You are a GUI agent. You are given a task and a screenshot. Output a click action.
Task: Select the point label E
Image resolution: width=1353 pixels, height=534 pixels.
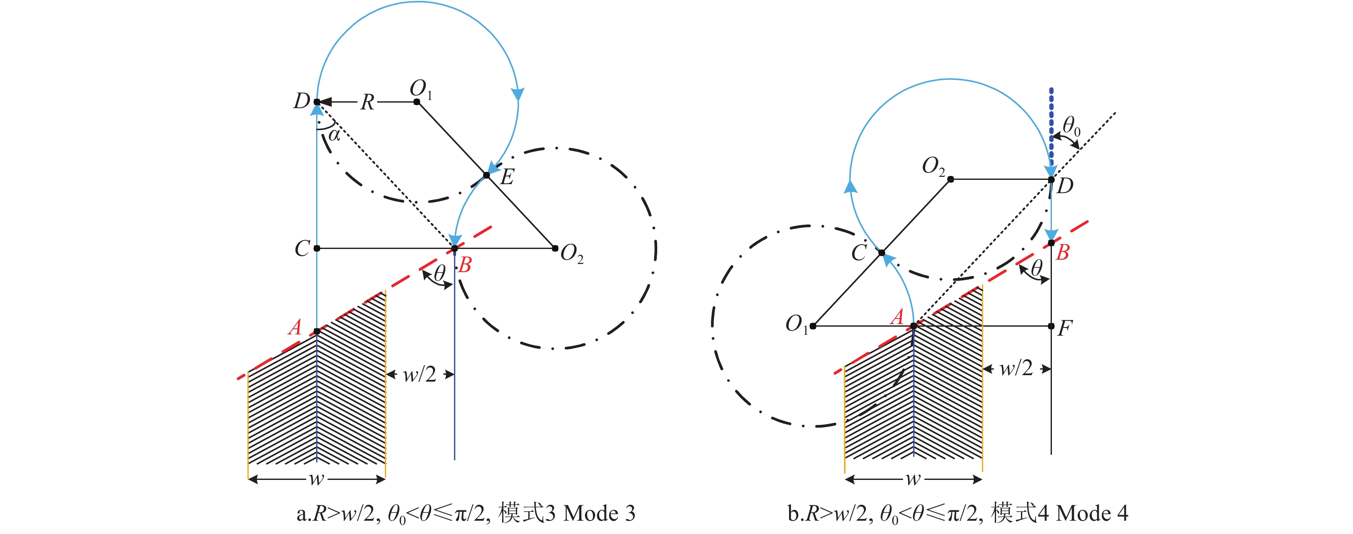507,177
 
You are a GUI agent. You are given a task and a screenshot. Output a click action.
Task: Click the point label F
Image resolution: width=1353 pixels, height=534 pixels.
1065,329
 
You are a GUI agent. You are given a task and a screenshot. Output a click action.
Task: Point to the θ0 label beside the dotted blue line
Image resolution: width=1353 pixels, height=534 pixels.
1072,127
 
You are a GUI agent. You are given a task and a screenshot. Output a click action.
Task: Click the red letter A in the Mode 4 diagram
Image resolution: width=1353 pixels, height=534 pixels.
898,317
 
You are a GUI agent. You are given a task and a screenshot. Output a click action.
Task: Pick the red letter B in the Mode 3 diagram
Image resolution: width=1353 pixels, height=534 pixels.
465,264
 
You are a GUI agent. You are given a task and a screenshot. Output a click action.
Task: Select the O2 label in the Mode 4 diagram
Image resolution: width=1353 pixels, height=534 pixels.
933,167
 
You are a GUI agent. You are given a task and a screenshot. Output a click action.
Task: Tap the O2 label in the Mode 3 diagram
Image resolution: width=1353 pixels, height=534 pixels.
571,254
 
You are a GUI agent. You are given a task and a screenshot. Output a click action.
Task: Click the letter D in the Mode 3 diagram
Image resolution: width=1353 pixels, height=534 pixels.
302,101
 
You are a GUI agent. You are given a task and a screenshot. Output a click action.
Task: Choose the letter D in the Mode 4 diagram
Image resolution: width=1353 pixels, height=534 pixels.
1065,186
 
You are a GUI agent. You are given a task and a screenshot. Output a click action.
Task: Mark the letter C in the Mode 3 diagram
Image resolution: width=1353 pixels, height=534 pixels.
302,249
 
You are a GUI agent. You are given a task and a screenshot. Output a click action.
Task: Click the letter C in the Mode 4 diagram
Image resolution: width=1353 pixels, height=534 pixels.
859,252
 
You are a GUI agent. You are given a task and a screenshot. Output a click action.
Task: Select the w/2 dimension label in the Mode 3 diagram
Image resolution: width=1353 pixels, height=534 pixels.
419,374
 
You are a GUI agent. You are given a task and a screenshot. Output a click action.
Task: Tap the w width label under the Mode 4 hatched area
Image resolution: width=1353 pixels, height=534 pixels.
913,479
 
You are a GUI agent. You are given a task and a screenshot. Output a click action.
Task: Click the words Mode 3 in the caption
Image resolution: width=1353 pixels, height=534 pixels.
599,513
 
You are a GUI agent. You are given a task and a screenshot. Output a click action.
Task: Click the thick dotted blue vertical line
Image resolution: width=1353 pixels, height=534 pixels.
1051,126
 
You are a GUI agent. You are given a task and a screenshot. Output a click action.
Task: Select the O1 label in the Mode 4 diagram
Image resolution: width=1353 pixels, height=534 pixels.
796,325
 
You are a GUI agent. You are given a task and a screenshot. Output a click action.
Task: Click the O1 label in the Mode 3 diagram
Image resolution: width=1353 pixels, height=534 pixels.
421,89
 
